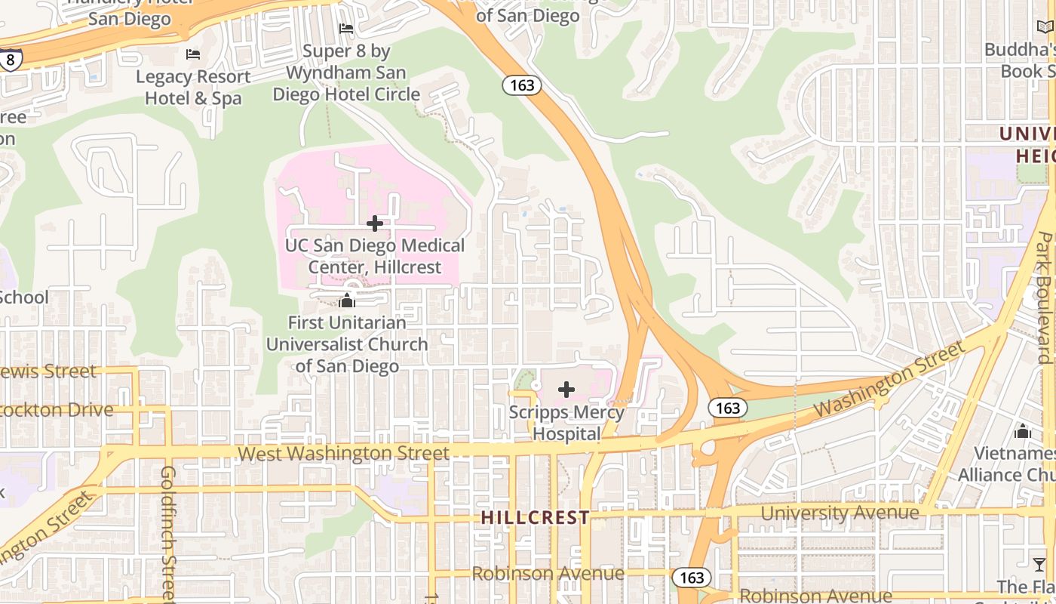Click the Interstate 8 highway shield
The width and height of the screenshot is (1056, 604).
(x=10, y=59)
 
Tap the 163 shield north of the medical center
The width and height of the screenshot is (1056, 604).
(x=522, y=85)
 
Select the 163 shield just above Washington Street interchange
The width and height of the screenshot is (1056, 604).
(x=728, y=408)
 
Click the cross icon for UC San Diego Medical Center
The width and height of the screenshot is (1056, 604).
(x=375, y=223)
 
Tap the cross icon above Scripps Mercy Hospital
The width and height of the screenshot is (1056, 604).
(x=566, y=390)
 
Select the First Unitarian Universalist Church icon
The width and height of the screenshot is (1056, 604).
(x=347, y=300)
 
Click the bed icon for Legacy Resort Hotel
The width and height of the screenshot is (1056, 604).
(x=193, y=54)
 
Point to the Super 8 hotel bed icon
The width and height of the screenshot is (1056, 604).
(x=346, y=29)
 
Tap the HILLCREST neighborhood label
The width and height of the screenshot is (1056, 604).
(x=536, y=518)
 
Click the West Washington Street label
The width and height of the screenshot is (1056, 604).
(x=343, y=453)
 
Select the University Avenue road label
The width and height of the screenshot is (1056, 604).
(x=840, y=513)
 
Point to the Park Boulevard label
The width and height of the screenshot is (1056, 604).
(x=1044, y=298)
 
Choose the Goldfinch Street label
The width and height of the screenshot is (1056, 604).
(x=167, y=532)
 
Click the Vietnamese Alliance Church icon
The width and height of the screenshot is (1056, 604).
(x=1023, y=431)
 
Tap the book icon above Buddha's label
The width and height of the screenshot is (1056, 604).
(x=1045, y=27)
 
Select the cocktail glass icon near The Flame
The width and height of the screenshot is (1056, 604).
(x=1039, y=564)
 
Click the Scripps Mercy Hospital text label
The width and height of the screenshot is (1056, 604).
(x=566, y=423)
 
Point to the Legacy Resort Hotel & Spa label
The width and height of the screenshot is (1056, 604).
(x=193, y=87)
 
